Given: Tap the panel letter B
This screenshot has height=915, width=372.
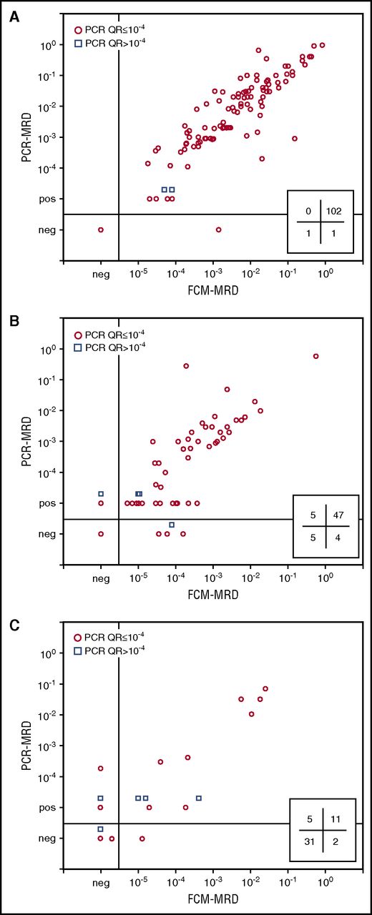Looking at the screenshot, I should tap(14, 321).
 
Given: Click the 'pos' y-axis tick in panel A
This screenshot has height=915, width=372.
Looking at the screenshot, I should tap(49, 199).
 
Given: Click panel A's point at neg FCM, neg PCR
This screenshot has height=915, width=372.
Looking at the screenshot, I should tap(101, 229).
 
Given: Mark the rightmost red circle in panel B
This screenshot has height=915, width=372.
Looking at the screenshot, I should tap(315, 356).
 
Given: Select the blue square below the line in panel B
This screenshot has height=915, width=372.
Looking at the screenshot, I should tap(172, 525).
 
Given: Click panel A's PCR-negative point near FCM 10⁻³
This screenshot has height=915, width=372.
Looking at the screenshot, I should tap(218, 229).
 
